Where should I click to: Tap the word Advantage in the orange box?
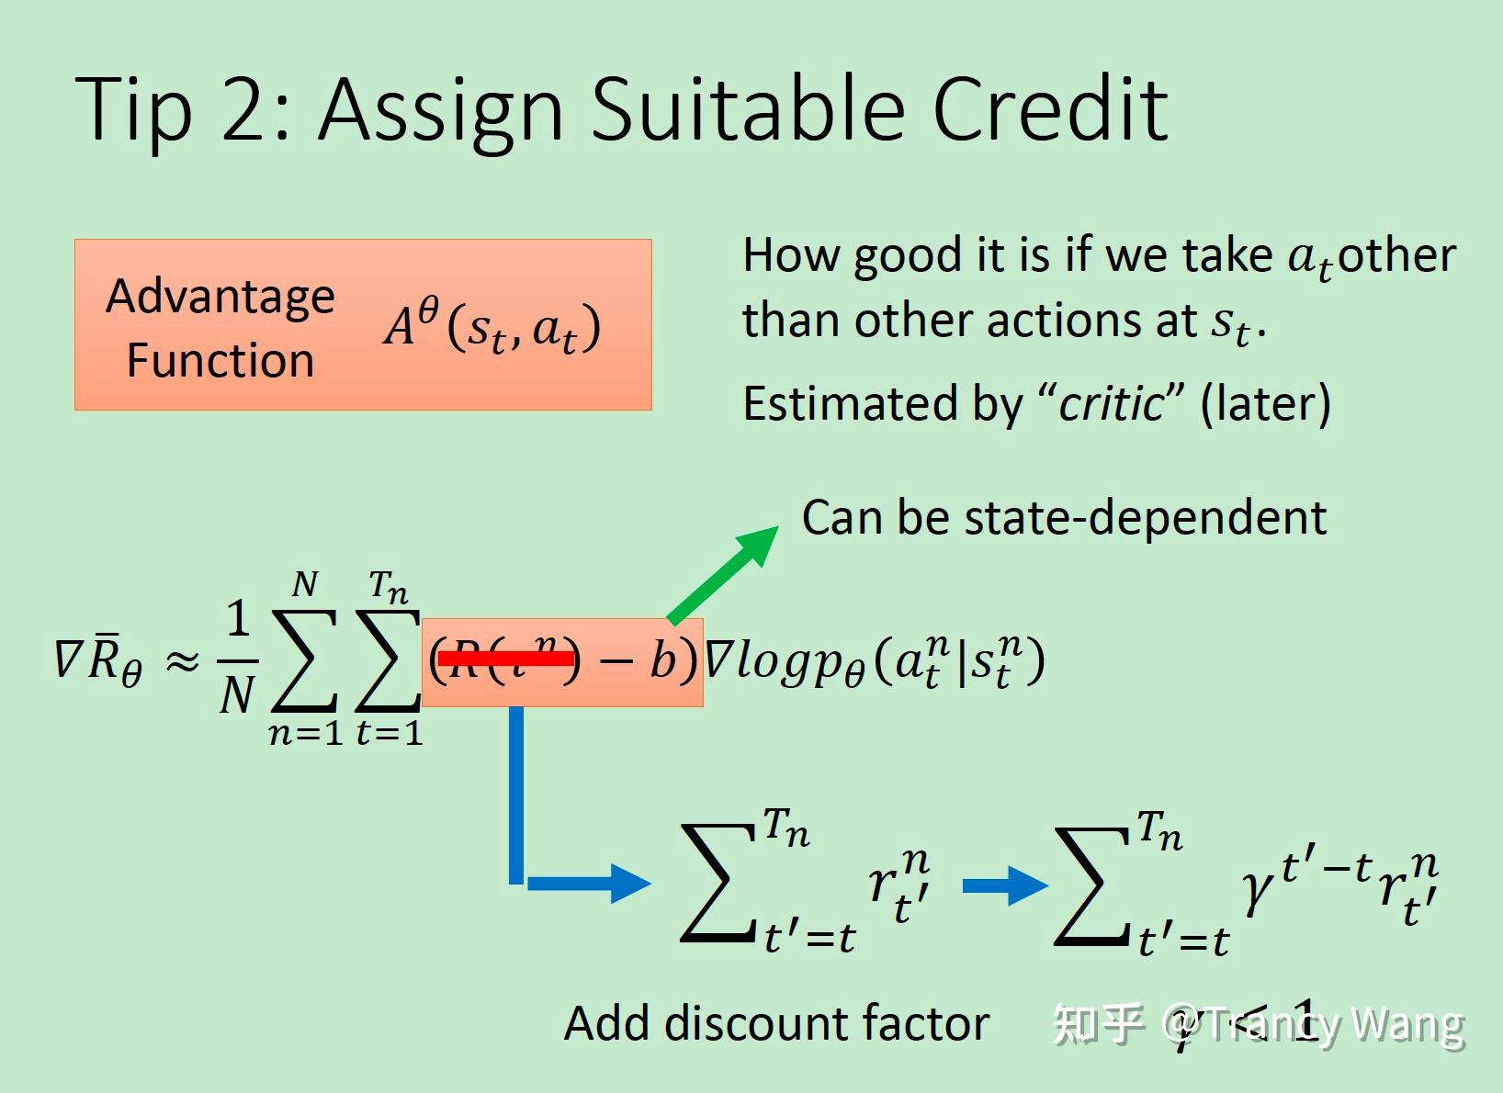tap(220, 297)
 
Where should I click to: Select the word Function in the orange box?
tap(220, 360)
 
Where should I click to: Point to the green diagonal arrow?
tap(722, 575)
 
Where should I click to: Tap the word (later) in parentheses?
tap(1265, 404)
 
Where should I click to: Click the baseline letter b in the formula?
tap(661, 660)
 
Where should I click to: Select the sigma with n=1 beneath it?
tap(304, 661)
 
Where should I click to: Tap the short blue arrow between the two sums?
tap(1003, 886)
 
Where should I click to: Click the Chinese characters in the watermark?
tap(1098, 1023)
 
